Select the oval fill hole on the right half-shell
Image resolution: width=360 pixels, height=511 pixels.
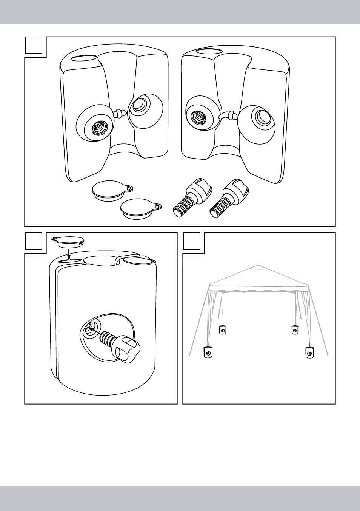(x=205, y=51)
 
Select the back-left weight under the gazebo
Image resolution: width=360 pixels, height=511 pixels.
(x=223, y=329)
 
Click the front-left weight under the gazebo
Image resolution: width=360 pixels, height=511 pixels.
(x=207, y=352)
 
